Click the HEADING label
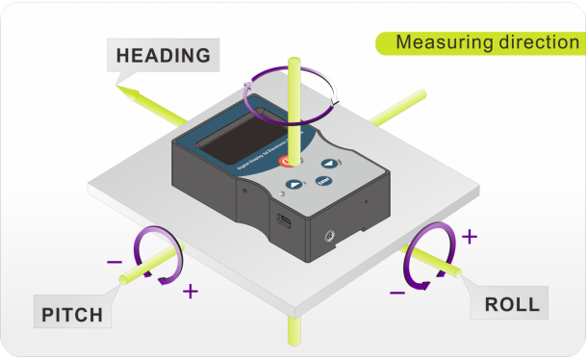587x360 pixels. tap(163, 54)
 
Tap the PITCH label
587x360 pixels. tap(72, 314)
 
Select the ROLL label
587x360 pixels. tap(511, 306)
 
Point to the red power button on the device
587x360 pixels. tap(288, 161)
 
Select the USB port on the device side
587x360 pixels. tap(285, 220)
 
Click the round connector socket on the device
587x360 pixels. tap(330, 232)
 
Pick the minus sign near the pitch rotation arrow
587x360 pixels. tap(114, 260)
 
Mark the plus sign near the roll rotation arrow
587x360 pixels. tap(470, 235)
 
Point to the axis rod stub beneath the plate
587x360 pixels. tap(292, 332)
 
